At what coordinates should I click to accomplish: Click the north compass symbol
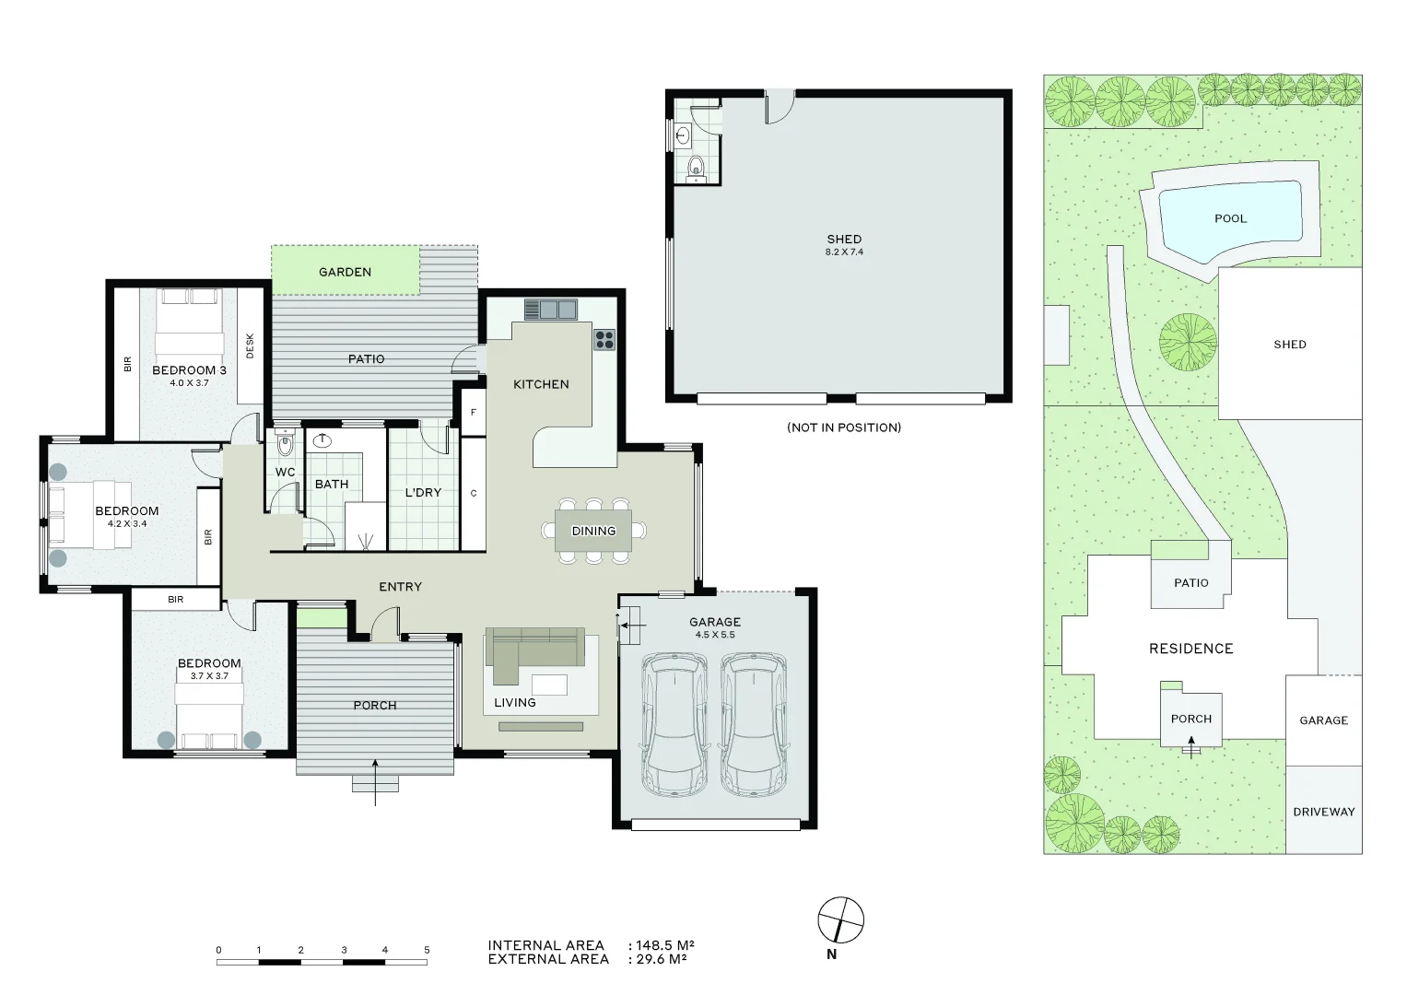click(840, 919)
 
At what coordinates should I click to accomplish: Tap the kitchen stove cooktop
click(604, 339)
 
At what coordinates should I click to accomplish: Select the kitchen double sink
click(550, 309)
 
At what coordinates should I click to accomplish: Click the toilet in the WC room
click(285, 444)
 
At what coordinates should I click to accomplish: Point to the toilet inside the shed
click(696, 167)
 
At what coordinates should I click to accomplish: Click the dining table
click(593, 531)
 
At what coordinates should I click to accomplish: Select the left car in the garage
click(675, 725)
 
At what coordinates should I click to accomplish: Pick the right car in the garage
click(754, 725)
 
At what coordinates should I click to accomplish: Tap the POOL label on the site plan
click(1230, 218)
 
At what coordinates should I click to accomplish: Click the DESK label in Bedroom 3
click(250, 345)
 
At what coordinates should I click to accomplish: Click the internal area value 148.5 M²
click(664, 945)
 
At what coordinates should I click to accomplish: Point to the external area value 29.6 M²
click(661, 959)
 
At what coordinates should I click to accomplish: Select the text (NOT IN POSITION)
click(843, 427)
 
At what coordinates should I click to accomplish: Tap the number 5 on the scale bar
click(427, 950)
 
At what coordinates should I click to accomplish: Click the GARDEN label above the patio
click(345, 272)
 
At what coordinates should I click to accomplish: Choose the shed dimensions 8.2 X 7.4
click(844, 252)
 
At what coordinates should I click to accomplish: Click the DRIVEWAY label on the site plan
click(1323, 812)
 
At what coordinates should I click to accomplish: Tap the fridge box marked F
click(473, 412)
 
